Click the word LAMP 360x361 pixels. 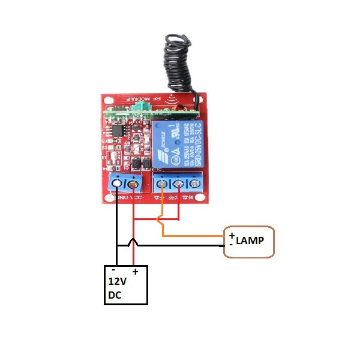pyautogui.click(x=250, y=241)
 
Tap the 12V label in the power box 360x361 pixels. pyautogui.click(x=117, y=281)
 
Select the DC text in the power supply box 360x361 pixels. pyautogui.click(x=115, y=295)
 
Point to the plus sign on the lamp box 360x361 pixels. pyautogui.click(x=232, y=235)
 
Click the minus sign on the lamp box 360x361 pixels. pyautogui.click(x=231, y=244)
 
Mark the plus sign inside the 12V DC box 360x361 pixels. pyautogui.click(x=135, y=272)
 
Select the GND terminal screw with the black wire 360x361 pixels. pyautogui.click(x=117, y=183)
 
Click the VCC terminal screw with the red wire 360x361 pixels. pyautogui.click(x=133, y=183)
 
